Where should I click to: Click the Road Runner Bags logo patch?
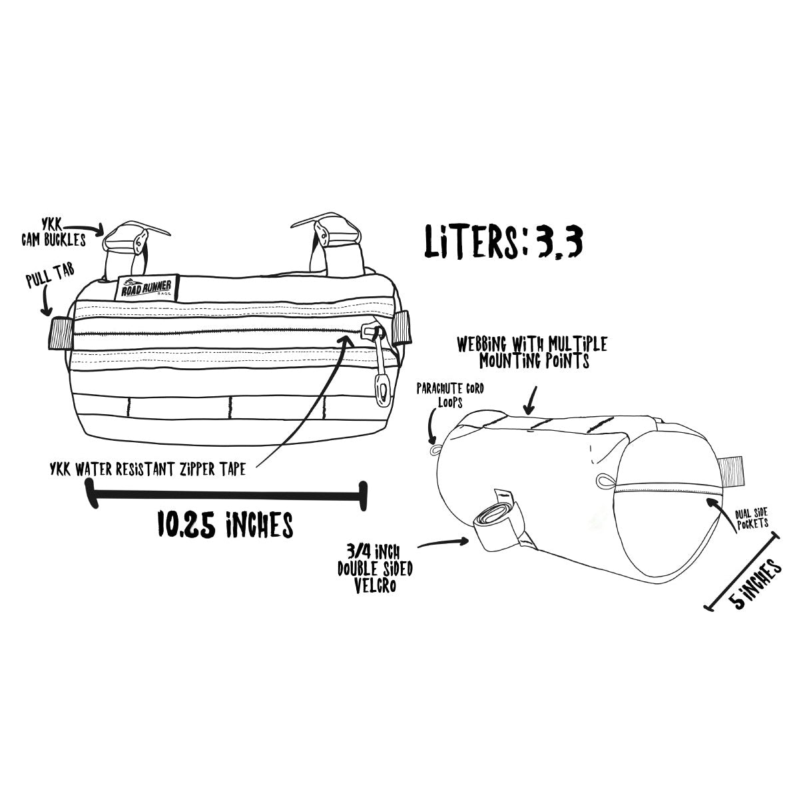pos(146,287)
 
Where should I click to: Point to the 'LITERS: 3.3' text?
pos(503,242)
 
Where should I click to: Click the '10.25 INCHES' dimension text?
pos(226,524)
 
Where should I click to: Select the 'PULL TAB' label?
pos(50,276)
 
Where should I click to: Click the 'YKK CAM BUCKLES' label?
pos(53,234)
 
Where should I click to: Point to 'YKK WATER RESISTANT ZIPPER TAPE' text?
pos(148,469)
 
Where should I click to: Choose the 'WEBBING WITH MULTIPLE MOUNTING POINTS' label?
pos(533,352)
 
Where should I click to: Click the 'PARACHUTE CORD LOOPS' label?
pos(450,395)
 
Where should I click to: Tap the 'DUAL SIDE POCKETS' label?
pos(752,519)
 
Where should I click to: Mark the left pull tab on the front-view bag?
pos(61,333)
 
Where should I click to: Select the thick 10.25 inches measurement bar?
pos(226,495)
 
